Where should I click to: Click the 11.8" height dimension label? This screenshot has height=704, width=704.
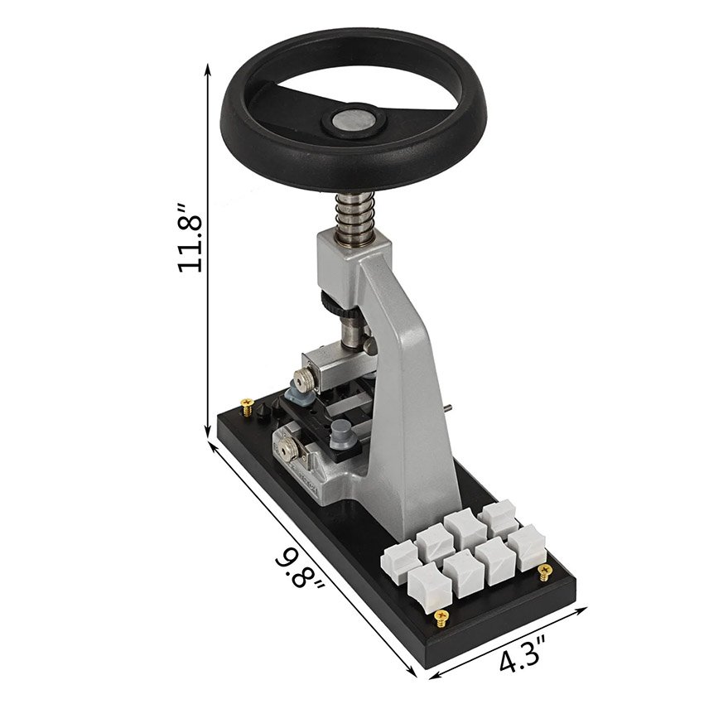pos(190,238)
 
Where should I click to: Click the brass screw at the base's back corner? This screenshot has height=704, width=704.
pos(247,407)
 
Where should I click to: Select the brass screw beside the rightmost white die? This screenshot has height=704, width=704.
pos(545,571)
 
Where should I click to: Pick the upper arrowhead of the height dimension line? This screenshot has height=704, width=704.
pos(207,70)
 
